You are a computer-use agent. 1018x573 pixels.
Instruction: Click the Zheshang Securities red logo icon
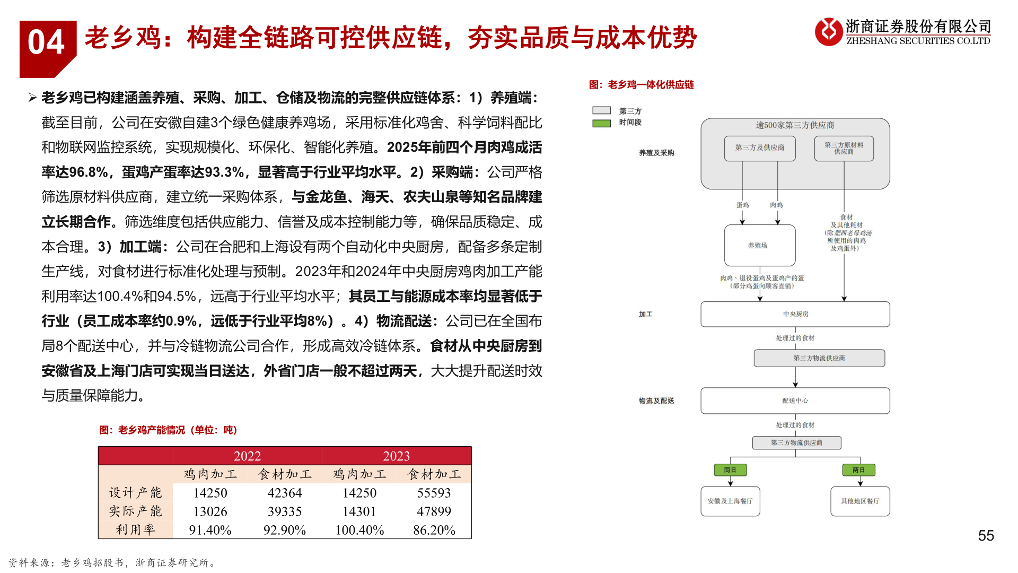point(828,31)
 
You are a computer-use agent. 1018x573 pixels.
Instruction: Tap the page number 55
point(986,535)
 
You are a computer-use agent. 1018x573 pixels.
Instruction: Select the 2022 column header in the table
point(247,456)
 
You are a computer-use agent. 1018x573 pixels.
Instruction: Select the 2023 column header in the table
point(396,456)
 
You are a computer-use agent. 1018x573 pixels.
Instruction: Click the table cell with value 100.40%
point(359,529)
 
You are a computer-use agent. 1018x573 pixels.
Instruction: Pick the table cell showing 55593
point(434,492)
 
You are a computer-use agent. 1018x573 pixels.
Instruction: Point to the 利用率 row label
point(136,529)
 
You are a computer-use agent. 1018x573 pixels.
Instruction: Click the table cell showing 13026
point(210,511)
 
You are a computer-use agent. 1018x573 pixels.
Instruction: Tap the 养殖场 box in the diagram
point(759,245)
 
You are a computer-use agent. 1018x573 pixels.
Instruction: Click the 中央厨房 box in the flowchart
point(795,314)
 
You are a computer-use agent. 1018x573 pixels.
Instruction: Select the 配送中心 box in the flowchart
point(795,401)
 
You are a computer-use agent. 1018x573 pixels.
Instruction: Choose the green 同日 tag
point(730,470)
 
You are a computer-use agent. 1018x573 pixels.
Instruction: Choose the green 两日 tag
point(858,470)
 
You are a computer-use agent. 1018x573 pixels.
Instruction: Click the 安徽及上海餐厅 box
point(730,501)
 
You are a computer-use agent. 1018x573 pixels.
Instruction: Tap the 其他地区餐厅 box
point(859,501)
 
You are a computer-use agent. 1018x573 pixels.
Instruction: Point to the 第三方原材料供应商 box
point(844,148)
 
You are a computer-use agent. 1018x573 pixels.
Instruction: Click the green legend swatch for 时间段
point(601,123)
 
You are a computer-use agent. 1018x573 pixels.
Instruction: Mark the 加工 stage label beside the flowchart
point(645,314)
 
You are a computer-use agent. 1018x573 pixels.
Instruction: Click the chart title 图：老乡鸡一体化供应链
point(641,85)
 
